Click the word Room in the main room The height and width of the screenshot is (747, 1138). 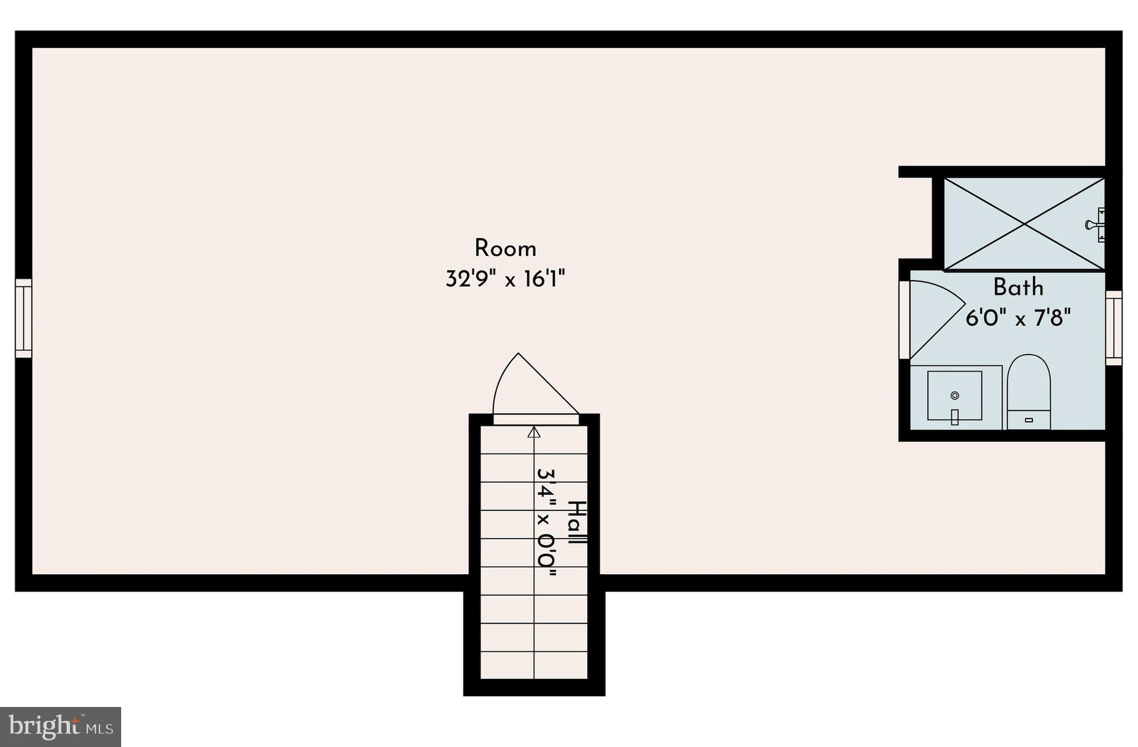[x=505, y=248]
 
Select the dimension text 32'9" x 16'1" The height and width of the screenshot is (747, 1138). [x=505, y=278]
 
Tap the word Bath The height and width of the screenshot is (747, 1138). [x=1018, y=287]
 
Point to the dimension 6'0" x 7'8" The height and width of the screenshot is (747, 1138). [x=1018, y=318]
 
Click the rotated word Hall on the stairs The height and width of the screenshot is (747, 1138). [x=577, y=523]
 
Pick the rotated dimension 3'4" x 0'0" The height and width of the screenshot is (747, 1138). [x=546, y=522]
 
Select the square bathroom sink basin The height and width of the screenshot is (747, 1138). [x=954, y=395]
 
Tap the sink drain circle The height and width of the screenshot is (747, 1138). [x=955, y=395]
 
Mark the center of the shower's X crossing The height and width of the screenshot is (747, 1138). [x=1024, y=224]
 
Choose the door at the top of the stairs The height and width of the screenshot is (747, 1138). [x=536, y=418]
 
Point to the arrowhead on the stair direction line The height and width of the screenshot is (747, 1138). [x=534, y=432]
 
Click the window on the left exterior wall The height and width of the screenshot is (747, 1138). [x=23, y=318]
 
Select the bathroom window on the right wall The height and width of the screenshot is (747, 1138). [x=1114, y=327]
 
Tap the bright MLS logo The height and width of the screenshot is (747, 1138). [x=61, y=726]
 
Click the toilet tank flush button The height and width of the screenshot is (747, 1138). [x=1029, y=420]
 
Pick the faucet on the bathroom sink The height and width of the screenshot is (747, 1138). [x=955, y=417]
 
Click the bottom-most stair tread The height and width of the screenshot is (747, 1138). [x=533, y=665]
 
